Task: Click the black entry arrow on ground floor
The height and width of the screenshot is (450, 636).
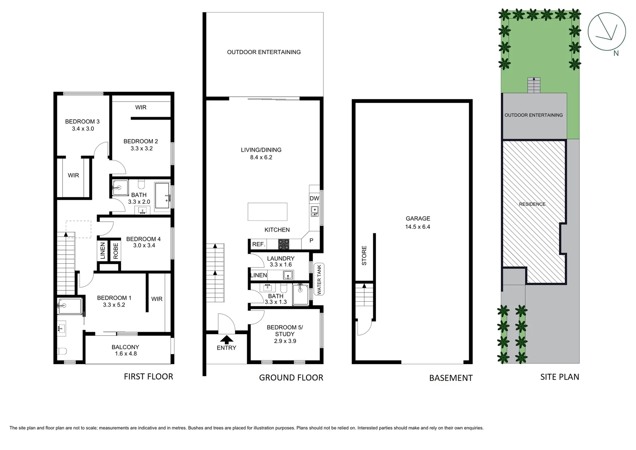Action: pyautogui.click(x=226, y=340)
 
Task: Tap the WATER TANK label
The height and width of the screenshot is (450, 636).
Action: pyautogui.click(x=319, y=280)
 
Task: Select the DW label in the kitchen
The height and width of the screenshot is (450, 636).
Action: pyautogui.click(x=314, y=199)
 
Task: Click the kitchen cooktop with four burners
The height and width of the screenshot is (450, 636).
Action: pyautogui.click(x=284, y=244)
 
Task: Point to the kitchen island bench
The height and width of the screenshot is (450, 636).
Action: pyautogui.click(x=267, y=211)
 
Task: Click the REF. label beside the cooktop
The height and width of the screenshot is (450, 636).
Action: pyautogui.click(x=258, y=244)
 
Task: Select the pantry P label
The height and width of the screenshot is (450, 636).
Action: pyautogui.click(x=311, y=241)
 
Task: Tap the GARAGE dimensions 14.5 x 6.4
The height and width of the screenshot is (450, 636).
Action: pyautogui.click(x=417, y=227)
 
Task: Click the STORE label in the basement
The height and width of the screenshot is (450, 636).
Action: pyautogui.click(x=364, y=255)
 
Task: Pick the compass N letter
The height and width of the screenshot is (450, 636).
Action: pyautogui.click(x=616, y=53)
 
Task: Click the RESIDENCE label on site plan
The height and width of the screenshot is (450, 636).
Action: pyautogui.click(x=532, y=204)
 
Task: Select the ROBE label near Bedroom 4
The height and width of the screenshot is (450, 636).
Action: pyautogui.click(x=116, y=251)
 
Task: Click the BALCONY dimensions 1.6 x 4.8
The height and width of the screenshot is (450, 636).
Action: pyautogui.click(x=125, y=354)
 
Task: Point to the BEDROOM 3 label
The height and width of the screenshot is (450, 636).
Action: pyautogui.click(x=82, y=122)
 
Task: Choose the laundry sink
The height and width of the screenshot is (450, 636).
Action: pyautogui.click(x=288, y=275)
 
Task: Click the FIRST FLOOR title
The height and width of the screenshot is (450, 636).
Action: pyautogui.click(x=148, y=377)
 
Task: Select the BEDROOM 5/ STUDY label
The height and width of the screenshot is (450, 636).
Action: pyautogui.click(x=285, y=331)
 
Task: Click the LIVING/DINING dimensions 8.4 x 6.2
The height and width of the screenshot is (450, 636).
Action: pyautogui.click(x=261, y=157)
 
